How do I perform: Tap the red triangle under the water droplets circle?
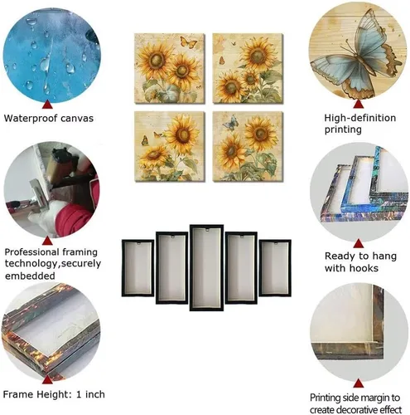point(47,105)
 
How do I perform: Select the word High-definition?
point(360,118)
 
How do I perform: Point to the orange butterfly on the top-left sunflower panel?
point(188,42)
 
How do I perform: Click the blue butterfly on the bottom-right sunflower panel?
point(231,123)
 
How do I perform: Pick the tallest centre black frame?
point(206,267)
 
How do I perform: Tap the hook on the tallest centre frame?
point(206,229)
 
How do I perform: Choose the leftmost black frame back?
point(137,268)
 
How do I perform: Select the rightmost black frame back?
point(275,268)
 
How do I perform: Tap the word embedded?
point(30,276)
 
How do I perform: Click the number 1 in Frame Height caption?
point(79,394)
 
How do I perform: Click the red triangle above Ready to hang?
point(358,243)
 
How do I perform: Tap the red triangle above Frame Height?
point(47,379)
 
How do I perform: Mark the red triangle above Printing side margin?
point(358,383)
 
